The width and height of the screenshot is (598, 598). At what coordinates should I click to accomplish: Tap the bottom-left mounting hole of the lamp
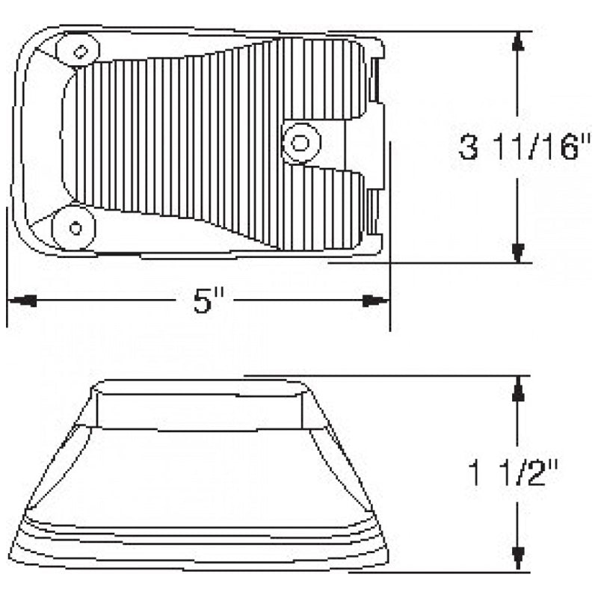click(x=74, y=226)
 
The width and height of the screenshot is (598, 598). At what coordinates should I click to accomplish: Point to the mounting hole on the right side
click(x=300, y=141)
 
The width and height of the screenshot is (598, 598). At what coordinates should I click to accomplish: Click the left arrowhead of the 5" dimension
click(x=22, y=300)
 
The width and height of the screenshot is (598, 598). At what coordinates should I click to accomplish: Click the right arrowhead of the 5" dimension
click(x=375, y=300)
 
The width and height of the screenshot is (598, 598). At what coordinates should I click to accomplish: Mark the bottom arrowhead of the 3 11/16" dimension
click(x=517, y=252)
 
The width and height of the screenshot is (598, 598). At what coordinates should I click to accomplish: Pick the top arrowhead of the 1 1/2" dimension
click(x=517, y=387)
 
